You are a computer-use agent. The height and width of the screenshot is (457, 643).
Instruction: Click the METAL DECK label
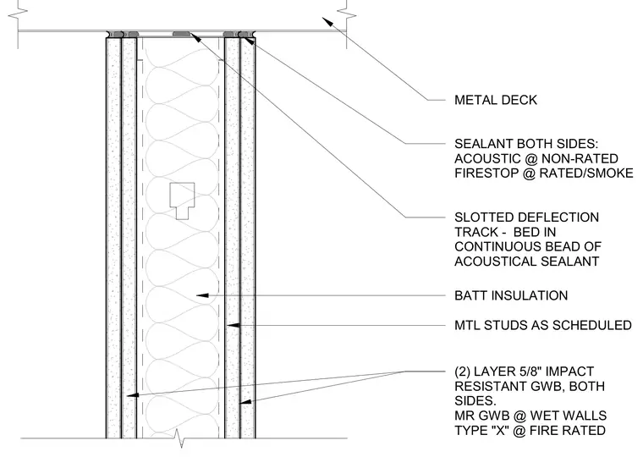pyautogui.click(x=496, y=100)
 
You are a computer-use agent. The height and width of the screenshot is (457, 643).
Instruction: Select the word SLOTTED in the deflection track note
pyautogui.click(x=482, y=217)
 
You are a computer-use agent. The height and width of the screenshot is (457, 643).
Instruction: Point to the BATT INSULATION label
pyautogui.click(x=511, y=295)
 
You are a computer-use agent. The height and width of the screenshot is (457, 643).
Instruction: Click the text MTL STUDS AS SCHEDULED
pyautogui.click(x=543, y=325)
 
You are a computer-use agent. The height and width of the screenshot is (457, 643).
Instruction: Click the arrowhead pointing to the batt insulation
pyautogui.click(x=202, y=295)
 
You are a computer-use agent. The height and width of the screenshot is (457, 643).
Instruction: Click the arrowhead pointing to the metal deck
pyautogui.click(x=327, y=22)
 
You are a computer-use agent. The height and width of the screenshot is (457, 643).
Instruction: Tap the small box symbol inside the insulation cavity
pyautogui.click(x=182, y=201)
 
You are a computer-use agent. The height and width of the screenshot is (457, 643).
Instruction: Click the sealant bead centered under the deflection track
pyautogui.click(x=181, y=34)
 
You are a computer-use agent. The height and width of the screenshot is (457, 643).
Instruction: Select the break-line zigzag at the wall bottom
pyautogui.click(x=179, y=438)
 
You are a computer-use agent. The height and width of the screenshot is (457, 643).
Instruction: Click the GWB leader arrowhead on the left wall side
pyautogui.click(x=133, y=395)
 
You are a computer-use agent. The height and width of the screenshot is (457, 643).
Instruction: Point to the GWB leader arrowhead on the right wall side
pyautogui.click(x=245, y=402)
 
